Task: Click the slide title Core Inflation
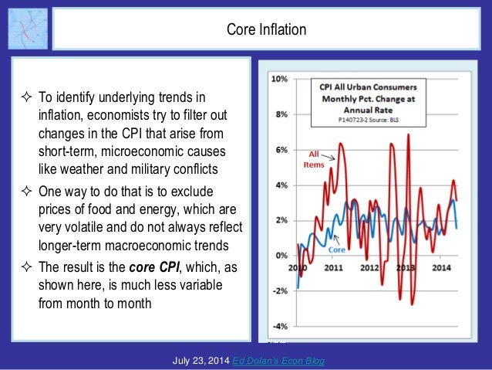(x=266, y=30)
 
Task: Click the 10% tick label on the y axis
(x=279, y=80)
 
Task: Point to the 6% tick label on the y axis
(x=281, y=150)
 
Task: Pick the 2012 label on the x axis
(x=369, y=267)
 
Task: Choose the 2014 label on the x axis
(x=440, y=267)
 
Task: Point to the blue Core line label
(x=337, y=249)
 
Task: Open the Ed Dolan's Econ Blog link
(x=281, y=360)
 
